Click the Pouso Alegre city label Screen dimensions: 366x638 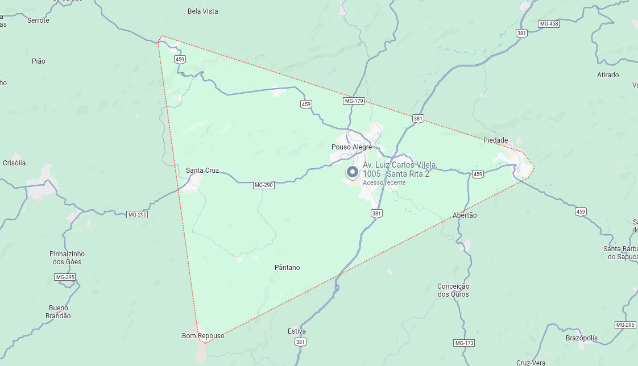(x=351, y=147)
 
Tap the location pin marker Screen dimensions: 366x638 (x=352, y=172)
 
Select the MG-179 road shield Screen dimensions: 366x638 (x=353, y=101)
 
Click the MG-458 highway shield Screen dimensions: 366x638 (x=549, y=24)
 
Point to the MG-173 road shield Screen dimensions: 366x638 (x=464, y=343)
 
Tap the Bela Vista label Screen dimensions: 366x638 (x=202, y=11)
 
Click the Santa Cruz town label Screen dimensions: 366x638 (x=202, y=170)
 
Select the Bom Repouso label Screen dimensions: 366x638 (x=203, y=336)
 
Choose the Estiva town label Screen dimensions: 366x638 (x=297, y=331)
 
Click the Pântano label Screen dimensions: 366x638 (x=287, y=268)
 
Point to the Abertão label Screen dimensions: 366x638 (x=465, y=215)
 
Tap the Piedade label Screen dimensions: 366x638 (x=495, y=140)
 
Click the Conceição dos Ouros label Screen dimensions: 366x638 (x=453, y=290)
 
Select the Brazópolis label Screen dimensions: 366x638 (x=582, y=338)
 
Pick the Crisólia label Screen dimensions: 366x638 (x=14, y=163)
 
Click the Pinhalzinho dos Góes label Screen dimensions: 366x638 (x=67, y=258)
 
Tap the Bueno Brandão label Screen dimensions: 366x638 (x=58, y=311)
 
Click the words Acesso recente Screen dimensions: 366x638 (x=384, y=182)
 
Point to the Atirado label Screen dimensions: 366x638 (x=608, y=75)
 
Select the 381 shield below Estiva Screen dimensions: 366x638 (x=300, y=342)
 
